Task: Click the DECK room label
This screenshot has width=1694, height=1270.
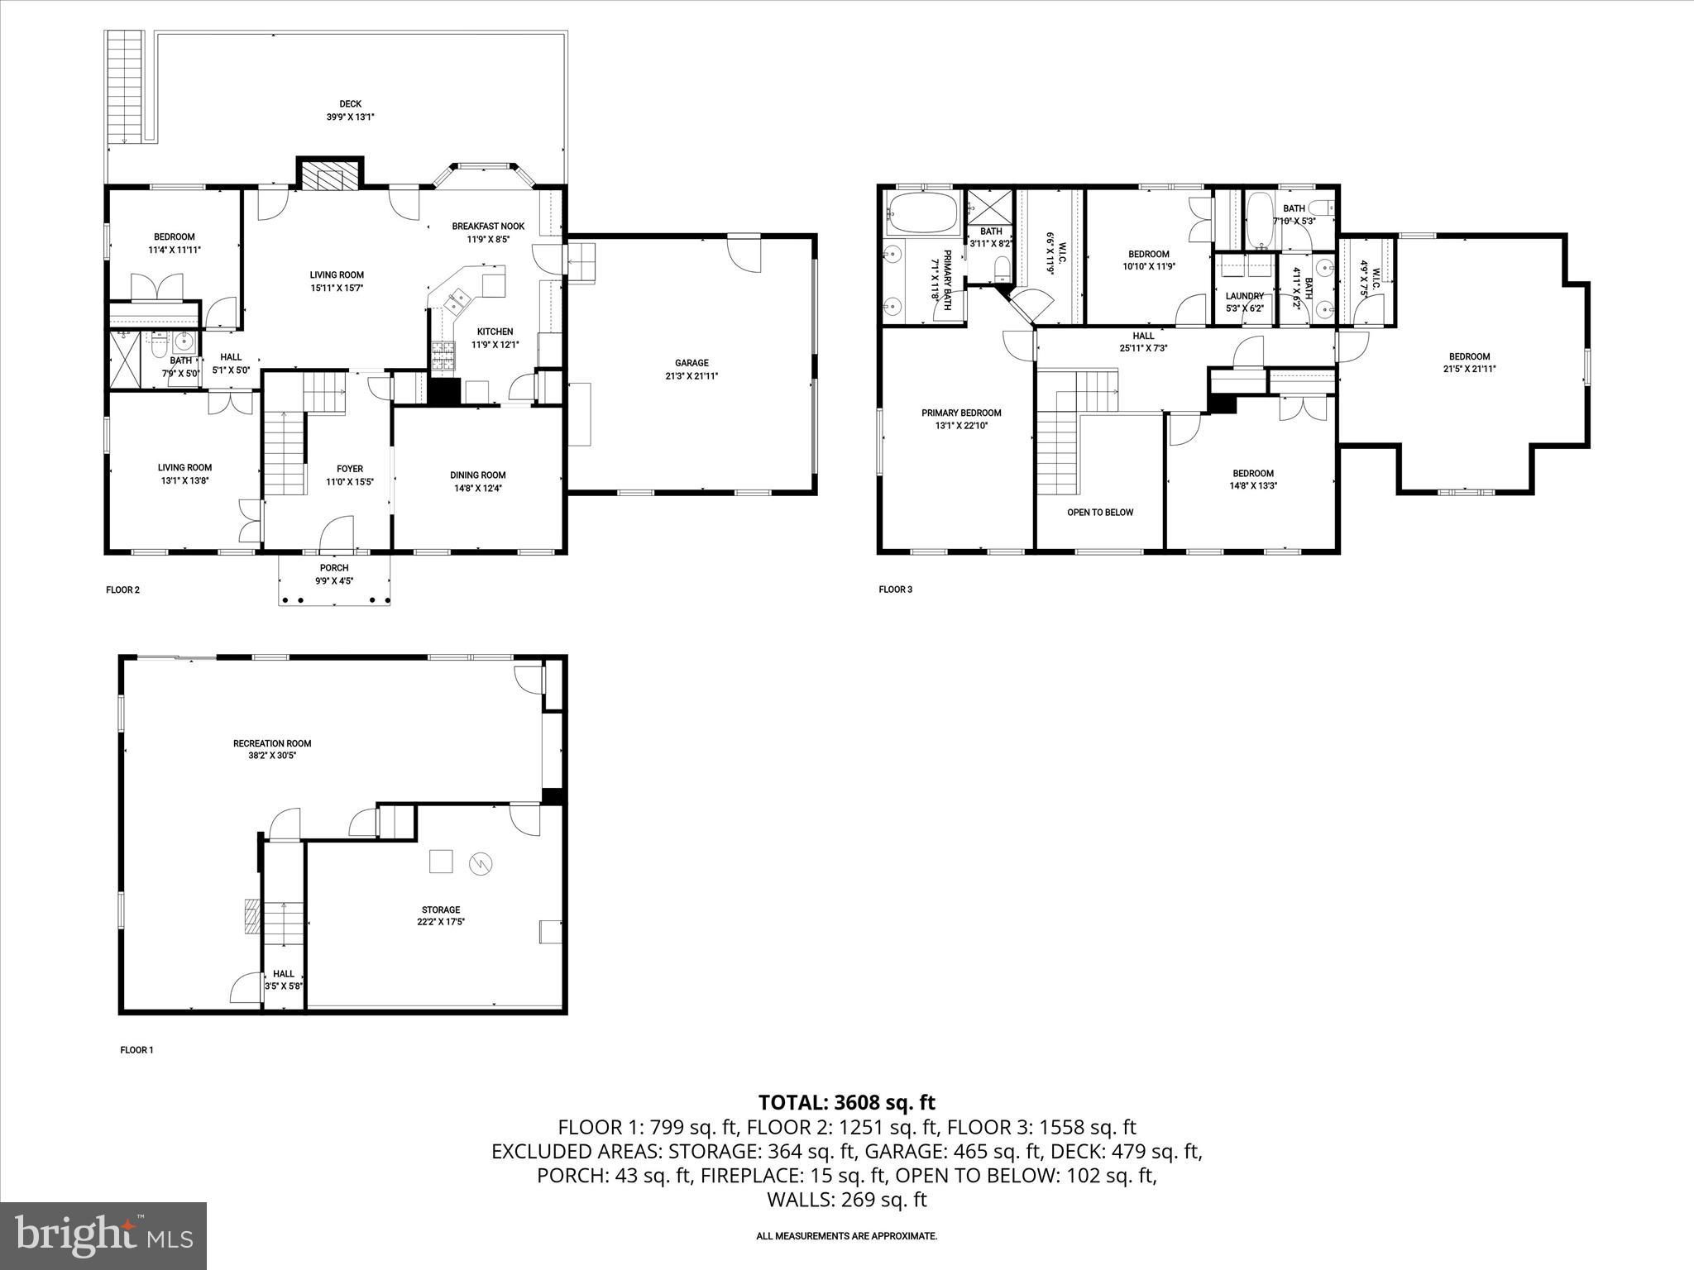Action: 350,104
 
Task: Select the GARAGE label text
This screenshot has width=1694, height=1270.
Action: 691,363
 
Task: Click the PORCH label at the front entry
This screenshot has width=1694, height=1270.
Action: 334,568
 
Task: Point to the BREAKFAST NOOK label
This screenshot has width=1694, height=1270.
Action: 488,227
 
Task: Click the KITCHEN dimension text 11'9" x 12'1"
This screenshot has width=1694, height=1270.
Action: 495,345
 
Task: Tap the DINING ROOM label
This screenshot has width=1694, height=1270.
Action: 477,475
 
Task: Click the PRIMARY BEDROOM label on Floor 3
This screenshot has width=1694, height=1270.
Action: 961,413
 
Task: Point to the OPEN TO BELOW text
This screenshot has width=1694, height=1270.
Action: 1100,513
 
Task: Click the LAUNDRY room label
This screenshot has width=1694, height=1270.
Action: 1244,296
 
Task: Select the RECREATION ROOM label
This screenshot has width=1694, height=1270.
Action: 272,743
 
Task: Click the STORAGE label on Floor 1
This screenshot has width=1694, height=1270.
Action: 439,910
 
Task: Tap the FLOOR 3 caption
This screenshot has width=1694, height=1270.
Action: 895,590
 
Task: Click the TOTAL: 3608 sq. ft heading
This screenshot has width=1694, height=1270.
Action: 846,1102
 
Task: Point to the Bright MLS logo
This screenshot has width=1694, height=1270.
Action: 103,1236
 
